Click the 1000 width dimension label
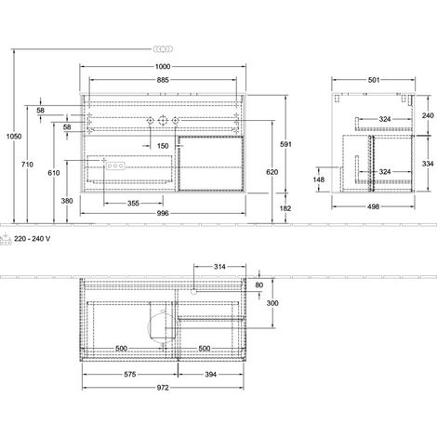[x=163, y=67]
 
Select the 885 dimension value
[x=163, y=80]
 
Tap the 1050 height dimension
[x=14, y=136]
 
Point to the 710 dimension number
[x=27, y=165]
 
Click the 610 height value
[x=54, y=173]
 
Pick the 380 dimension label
[x=67, y=201]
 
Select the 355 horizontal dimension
[x=133, y=204]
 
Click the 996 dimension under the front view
[x=163, y=213]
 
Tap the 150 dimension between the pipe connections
[x=163, y=146]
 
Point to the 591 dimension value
[x=285, y=144]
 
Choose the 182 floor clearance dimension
[x=285, y=208]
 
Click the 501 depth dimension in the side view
[x=374, y=80]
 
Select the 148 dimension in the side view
[x=319, y=179]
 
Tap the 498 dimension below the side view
[x=374, y=206]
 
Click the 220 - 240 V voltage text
[x=33, y=239]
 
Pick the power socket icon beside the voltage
[x=6, y=239]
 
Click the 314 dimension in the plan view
[x=219, y=267]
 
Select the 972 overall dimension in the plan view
[x=163, y=388]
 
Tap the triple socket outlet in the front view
[x=115, y=166]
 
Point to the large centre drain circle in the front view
[x=163, y=120]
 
